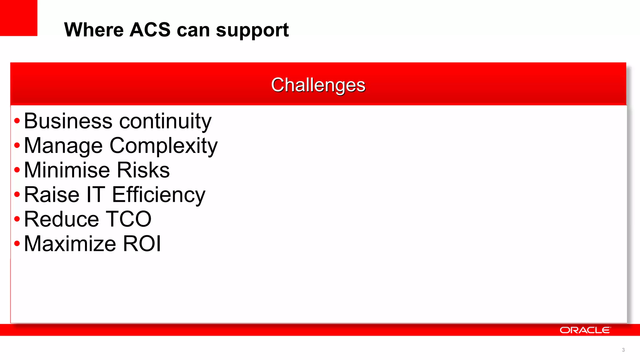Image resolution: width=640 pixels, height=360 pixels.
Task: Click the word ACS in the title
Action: point(150,30)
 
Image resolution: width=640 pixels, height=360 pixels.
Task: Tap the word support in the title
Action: point(252,31)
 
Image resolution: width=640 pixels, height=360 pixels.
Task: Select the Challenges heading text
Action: point(318,85)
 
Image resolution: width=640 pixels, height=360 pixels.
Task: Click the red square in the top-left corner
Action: point(18,18)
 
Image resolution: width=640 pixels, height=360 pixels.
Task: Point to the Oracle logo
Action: point(585,330)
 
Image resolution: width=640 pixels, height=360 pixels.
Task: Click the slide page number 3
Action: point(623,350)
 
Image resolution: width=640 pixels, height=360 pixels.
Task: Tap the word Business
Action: point(68,121)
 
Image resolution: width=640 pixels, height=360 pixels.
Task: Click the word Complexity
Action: point(163,146)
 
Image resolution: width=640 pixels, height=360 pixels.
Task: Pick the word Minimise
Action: point(67,170)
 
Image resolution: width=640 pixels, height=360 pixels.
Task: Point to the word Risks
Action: point(143,170)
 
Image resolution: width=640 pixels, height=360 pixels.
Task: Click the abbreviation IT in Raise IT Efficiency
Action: point(96,195)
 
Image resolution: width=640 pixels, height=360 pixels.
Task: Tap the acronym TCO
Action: point(128,219)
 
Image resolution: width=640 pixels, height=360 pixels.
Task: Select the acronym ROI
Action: point(142,244)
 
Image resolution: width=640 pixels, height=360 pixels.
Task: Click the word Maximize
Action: point(70,244)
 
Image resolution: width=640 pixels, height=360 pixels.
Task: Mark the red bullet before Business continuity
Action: point(17,121)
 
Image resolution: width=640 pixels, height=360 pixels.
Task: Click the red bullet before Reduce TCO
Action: point(17,219)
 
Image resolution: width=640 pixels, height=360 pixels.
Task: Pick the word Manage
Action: point(63,146)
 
